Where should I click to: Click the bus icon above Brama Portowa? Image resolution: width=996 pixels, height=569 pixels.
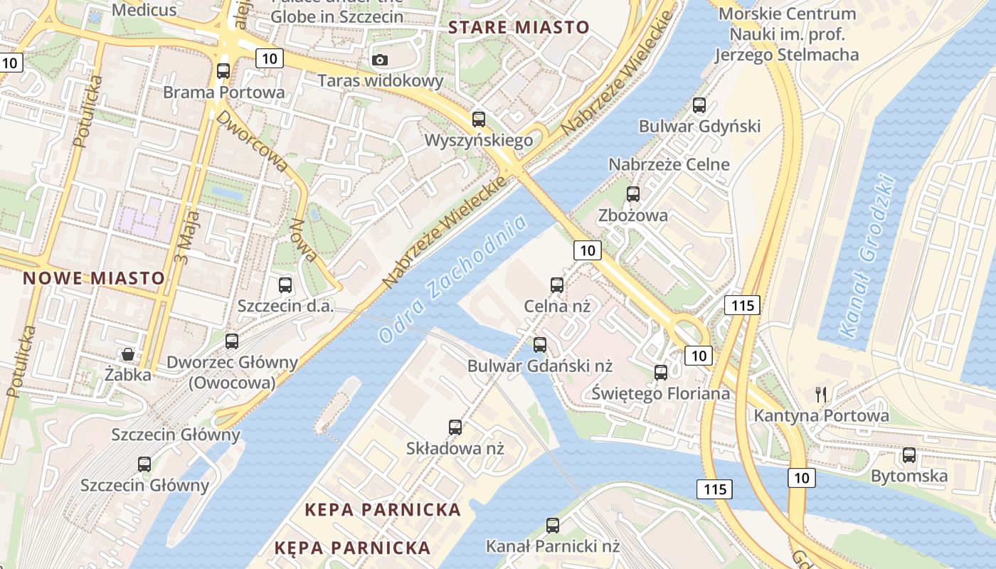pos(223,71)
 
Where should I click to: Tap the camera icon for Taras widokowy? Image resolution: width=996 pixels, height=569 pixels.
pos(380,60)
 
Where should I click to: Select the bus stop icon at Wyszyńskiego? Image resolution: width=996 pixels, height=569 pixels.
pos(479,119)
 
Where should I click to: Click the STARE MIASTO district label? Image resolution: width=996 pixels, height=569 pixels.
pos(519,28)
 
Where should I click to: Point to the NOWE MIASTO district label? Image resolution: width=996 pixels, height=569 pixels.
pos(94,278)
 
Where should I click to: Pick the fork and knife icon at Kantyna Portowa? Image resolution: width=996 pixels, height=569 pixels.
pos(821,395)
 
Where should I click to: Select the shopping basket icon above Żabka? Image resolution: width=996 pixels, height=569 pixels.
pos(128,353)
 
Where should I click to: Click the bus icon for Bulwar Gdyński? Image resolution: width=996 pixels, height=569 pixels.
pos(699,105)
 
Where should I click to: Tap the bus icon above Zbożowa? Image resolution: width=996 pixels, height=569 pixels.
pos(633,194)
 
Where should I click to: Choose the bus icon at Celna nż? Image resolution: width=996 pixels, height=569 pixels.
pos(557,285)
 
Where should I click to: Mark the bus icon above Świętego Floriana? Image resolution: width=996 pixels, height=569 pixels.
pos(661,372)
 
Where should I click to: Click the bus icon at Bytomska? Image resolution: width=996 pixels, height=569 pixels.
pos(909,455)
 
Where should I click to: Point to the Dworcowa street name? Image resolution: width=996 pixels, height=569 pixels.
pos(253,140)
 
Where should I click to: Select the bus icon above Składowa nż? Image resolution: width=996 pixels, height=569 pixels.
pos(455,427)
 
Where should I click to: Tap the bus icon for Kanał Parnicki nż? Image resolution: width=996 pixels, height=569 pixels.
pos(553,526)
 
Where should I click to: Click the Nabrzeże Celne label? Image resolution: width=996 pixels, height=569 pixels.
pos(669,164)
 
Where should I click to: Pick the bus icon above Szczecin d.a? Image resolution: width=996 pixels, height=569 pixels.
pos(285,285)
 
